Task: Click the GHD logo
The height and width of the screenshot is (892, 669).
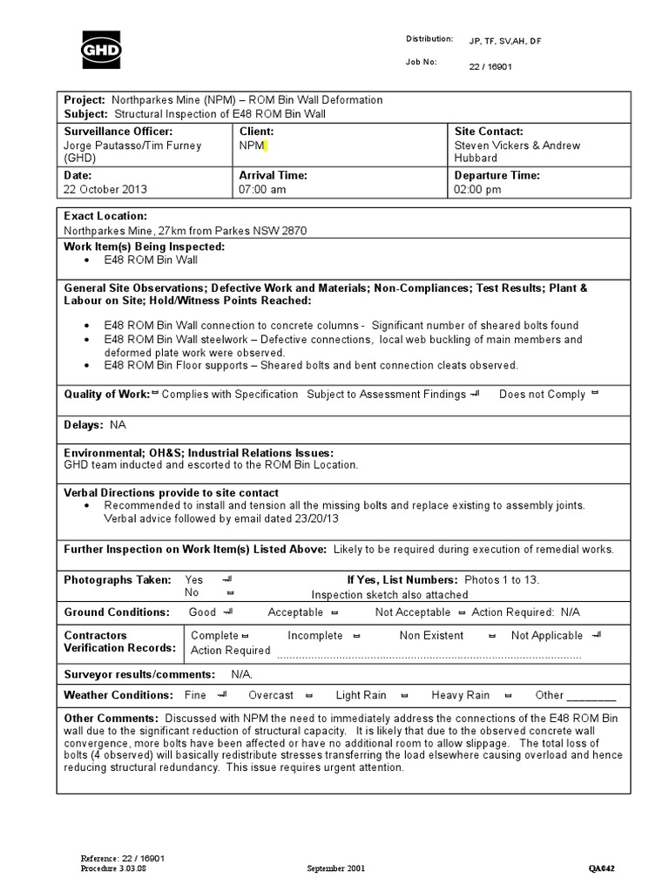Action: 101,50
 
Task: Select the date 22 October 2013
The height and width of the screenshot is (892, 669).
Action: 105,190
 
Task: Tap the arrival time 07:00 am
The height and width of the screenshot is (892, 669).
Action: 262,190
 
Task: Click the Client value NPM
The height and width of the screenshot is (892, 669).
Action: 252,145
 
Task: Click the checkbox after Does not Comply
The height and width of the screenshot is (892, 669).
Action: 595,394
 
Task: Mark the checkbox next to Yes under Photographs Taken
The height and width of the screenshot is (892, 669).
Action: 226,579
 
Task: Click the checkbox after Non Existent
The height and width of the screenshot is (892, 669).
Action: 492,636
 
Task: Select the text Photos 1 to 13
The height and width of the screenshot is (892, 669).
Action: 501,579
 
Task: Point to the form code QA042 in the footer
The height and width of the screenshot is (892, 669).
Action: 606,868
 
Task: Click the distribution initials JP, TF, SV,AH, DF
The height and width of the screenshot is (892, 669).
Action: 504,41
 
